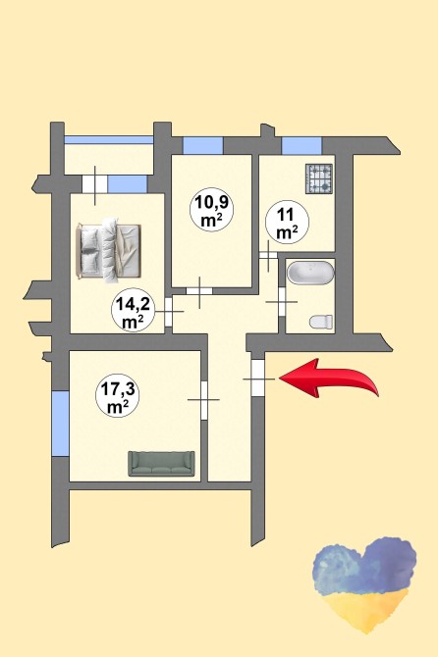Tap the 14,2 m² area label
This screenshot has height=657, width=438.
coord(132,311)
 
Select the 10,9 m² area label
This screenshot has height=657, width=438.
coord(211,209)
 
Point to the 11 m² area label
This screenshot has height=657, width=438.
coord(288,223)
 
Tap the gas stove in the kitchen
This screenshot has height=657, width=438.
coord(319,178)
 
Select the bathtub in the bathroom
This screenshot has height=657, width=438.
coord(310,273)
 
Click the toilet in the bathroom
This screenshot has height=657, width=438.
coord(321,322)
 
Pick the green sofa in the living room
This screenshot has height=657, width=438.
coord(161,464)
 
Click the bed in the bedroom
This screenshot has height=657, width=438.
coord(108,251)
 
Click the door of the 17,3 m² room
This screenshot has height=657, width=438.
coord(204,400)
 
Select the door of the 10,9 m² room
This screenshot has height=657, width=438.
coord(199,291)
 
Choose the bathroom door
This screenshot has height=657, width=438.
coord(282,302)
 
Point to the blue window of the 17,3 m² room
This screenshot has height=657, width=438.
coord(61,424)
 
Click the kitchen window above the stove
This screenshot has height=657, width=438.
coord(301,145)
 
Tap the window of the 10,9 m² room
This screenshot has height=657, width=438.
coord(202,145)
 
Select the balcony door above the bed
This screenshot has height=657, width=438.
coord(95,184)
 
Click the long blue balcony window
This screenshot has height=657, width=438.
coord(109,140)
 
